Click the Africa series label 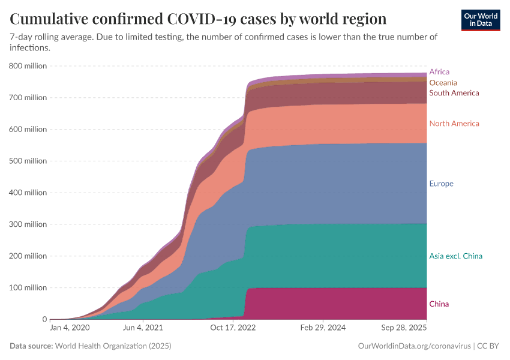tap(439, 72)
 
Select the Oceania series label tap(443, 83)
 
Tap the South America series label tap(454, 93)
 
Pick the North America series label tap(454, 124)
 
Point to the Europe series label tap(441, 184)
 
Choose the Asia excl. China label tap(455, 256)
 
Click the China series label tap(439, 304)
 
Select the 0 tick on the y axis tap(44, 319)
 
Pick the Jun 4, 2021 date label tap(142, 328)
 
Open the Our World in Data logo tap(481, 19)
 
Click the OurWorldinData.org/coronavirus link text tap(413, 346)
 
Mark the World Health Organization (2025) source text tap(113, 346)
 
